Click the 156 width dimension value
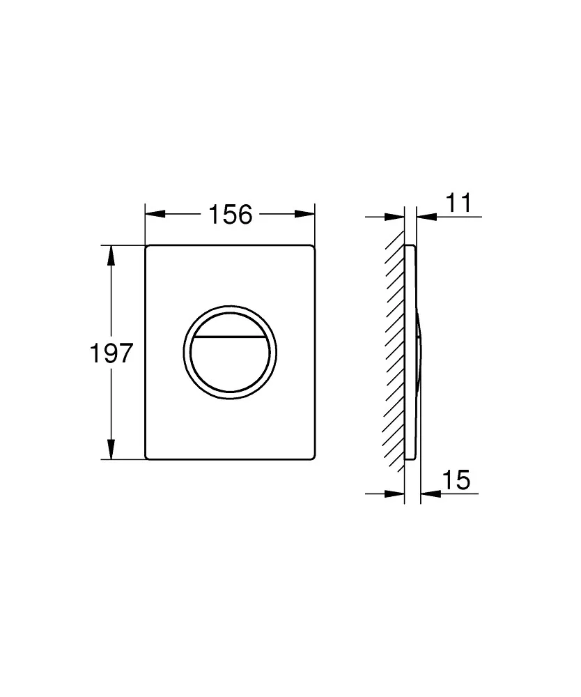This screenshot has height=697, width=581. point(230,214)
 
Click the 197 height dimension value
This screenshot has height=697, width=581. point(111,353)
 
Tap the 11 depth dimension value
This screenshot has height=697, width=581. point(458,203)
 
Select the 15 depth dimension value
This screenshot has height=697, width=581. point(456,480)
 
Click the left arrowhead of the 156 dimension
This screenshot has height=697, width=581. point(155,214)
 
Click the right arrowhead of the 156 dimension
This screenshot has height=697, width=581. point(304,214)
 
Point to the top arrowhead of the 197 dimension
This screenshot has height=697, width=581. point(111,255)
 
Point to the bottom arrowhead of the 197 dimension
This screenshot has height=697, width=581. point(111,449)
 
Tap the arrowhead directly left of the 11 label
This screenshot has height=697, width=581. point(426,217)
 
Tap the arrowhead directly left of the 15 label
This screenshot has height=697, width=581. point(431,493)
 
